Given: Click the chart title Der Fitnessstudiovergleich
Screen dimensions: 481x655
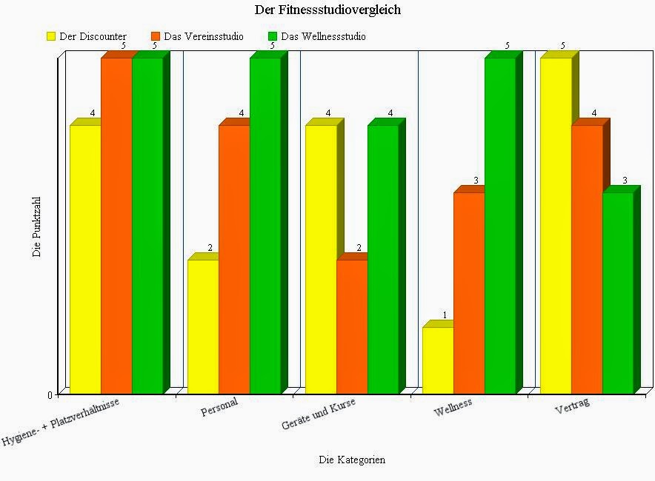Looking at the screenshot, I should (x=327, y=10).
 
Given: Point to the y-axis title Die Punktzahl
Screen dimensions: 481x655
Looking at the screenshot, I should (x=37, y=226).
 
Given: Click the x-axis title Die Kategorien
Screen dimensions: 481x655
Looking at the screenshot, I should (x=352, y=460).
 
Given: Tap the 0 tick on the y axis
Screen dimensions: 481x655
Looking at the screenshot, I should (x=50, y=395).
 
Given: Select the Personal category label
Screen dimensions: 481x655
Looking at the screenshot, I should (x=220, y=407).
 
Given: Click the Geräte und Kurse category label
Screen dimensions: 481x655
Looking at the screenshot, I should (x=319, y=414).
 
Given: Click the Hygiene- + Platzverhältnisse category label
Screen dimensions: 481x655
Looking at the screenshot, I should (x=61, y=421).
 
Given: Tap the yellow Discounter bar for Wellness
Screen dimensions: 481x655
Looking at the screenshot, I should (x=438, y=360).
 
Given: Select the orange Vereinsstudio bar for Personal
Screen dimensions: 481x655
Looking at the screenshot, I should (x=234, y=259).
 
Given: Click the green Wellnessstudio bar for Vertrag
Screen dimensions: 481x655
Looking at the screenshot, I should (x=618, y=293).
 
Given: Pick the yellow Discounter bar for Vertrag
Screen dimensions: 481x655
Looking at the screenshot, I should (x=556, y=226).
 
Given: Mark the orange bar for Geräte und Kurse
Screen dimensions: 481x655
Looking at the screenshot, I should (x=352, y=326).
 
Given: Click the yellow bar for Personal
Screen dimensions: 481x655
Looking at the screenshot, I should (x=203, y=326).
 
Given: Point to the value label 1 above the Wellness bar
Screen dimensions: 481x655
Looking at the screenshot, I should (x=445, y=315).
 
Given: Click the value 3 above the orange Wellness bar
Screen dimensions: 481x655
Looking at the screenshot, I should (x=476, y=181).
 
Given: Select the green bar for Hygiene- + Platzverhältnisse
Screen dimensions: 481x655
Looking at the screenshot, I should (x=147, y=226).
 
